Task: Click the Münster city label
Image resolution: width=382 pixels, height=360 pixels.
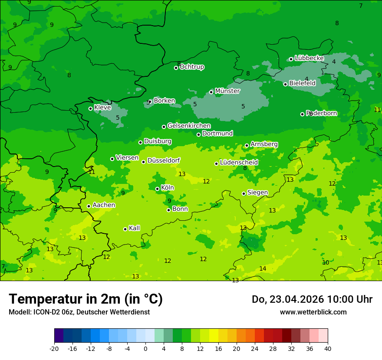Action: click(x=227, y=91)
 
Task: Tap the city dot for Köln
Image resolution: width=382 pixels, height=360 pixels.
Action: click(x=157, y=189)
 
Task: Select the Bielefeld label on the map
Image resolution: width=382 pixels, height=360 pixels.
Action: click(x=302, y=83)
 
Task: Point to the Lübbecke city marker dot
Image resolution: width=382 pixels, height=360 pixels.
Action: click(x=291, y=59)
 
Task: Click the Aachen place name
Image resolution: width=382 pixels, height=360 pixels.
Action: click(x=104, y=205)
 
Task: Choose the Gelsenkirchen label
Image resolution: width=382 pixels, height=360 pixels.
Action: click(x=189, y=126)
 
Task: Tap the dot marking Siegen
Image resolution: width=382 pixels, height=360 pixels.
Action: click(x=244, y=193)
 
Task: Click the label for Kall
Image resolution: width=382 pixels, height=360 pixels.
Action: click(x=134, y=228)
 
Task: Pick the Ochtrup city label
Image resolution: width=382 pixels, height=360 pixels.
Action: click(x=191, y=67)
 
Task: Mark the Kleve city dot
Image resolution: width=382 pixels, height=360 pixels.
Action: click(x=90, y=108)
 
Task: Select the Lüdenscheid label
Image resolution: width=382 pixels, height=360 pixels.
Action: click(x=239, y=163)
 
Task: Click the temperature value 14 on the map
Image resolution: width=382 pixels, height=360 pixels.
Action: click(x=263, y=269)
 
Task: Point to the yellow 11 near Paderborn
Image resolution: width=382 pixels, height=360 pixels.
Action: click(x=377, y=110)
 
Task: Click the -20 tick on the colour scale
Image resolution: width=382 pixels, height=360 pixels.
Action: click(x=54, y=348)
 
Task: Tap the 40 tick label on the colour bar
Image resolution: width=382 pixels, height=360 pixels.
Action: click(x=328, y=348)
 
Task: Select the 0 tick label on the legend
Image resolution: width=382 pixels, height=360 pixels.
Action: click(x=145, y=348)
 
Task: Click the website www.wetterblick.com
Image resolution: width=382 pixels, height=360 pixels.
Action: click(x=313, y=312)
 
